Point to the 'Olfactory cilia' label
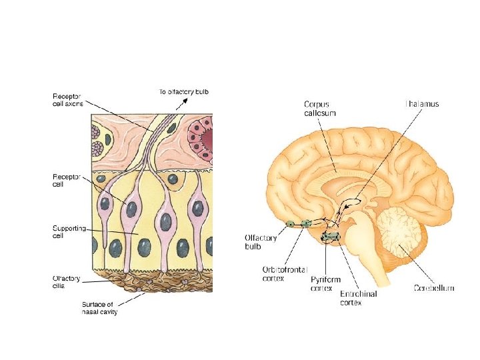click(x=67, y=282)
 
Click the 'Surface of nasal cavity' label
click(x=99, y=309)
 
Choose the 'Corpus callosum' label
click(x=319, y=108)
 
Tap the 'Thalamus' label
click(x=422, y=104)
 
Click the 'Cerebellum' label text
click(x=433, y=288)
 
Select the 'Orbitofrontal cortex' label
click(x=285, y=273)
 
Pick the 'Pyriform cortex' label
click(x=325, y=283)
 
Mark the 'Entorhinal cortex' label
click(x=358, y=297)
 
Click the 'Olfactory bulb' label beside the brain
click(x=257, y=241)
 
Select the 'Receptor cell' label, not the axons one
click(x=67, y=180)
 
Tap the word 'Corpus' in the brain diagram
click(x=317, y=104)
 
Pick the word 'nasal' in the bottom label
click(x=89, y=312)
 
